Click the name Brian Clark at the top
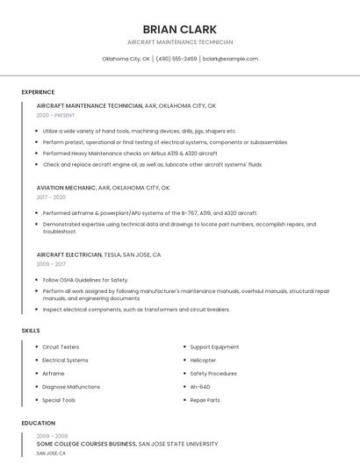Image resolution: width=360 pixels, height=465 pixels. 179,29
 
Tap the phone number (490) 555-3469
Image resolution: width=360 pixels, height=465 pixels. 176,59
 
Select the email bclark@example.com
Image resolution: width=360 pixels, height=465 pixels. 230,59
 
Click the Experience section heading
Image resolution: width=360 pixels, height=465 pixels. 38,92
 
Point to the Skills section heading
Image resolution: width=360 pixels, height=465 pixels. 31,330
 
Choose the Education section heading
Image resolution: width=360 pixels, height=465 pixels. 38,423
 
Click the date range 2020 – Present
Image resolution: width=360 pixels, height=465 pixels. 55,116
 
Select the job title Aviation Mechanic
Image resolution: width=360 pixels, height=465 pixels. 66,188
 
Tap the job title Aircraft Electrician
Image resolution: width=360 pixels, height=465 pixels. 69,254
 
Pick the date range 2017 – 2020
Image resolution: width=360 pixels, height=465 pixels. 51,197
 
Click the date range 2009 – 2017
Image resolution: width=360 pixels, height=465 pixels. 51,264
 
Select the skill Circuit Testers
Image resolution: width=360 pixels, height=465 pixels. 61,347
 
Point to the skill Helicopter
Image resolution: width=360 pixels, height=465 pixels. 203,360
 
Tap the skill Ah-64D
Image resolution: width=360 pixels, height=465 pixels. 199,386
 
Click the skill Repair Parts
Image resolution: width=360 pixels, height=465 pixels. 205,400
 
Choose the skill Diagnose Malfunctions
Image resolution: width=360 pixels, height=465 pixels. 71,386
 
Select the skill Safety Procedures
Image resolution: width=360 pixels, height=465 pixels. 213,373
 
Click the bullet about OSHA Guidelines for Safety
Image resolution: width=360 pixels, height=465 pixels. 85,280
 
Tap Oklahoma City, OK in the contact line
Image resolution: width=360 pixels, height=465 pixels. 126,59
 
